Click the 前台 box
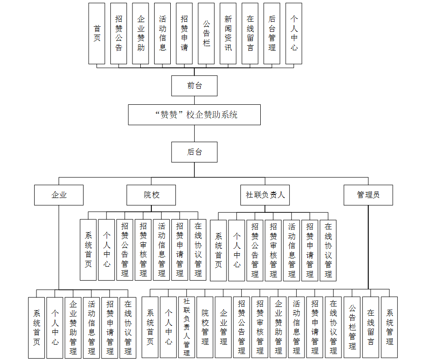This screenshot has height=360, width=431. (194, 86)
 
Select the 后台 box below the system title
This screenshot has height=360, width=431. (194, 152)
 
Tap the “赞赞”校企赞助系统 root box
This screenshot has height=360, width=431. (194, 114)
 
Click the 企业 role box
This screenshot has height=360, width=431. (59, 195)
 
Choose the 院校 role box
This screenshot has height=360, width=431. (151, 195)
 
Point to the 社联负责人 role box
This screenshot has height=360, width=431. (265, 195)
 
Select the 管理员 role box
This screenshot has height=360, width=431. (368, 195)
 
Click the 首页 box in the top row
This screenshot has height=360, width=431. (97, 33)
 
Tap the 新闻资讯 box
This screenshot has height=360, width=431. (228, 33)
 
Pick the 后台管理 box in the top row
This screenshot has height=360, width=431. (272, 33)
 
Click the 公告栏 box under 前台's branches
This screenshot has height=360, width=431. (206, 33)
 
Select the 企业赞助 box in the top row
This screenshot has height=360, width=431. (141, 33)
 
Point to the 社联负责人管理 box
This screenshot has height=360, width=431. (186, 327)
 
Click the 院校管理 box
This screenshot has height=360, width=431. (205, 327)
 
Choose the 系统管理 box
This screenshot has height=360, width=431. (389, 327)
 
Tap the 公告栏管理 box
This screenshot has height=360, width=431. (352, 327)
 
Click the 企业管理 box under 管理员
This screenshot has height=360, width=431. (223, 327)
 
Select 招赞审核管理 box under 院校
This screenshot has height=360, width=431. (143, 250)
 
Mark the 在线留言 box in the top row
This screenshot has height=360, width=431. (250, 33)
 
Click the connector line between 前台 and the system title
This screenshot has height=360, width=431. (194, 100)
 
